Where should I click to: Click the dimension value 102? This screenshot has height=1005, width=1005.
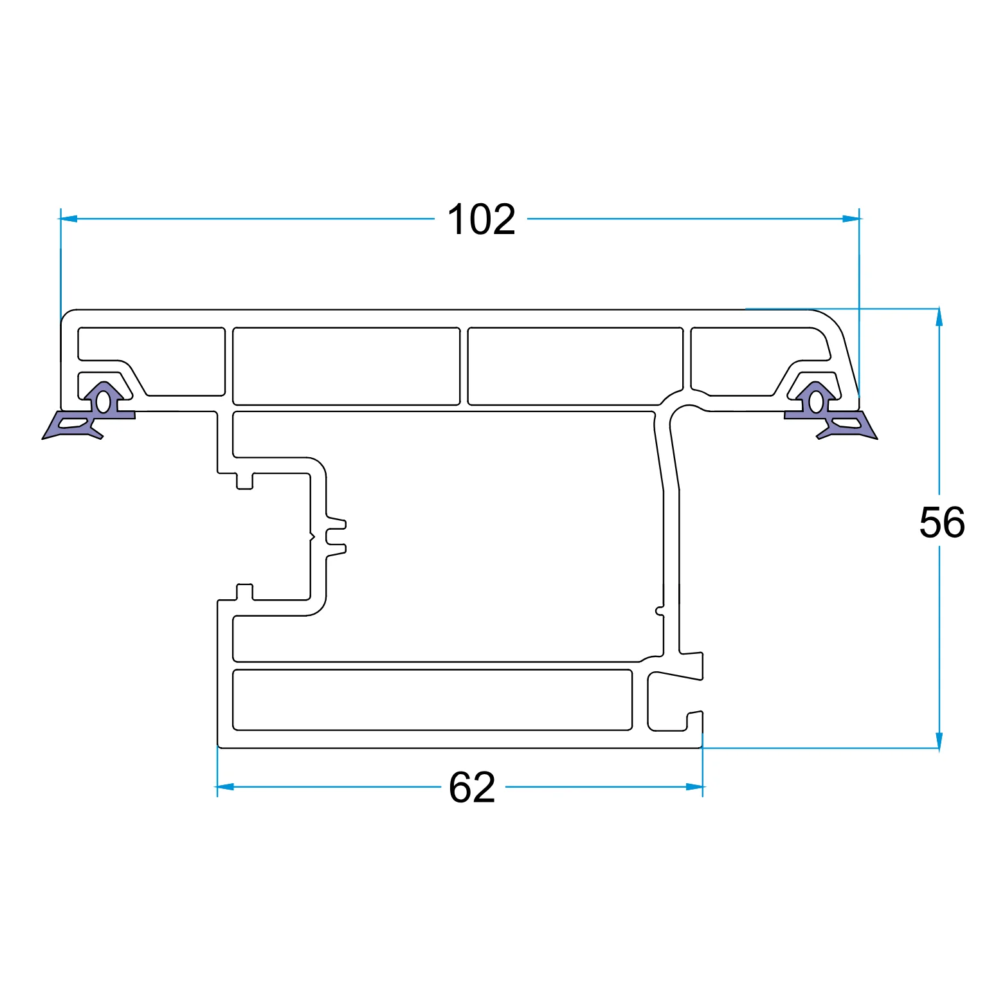pos(481,220)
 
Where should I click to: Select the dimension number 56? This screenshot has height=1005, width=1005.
pos(942,522)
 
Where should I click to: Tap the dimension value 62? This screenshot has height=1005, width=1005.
pos(473,787)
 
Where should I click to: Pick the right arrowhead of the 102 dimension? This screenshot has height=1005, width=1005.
pos(851,219)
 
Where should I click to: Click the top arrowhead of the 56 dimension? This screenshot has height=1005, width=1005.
pos(939,318)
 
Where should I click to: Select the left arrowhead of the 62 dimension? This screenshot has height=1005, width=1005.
pos(225,786)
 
